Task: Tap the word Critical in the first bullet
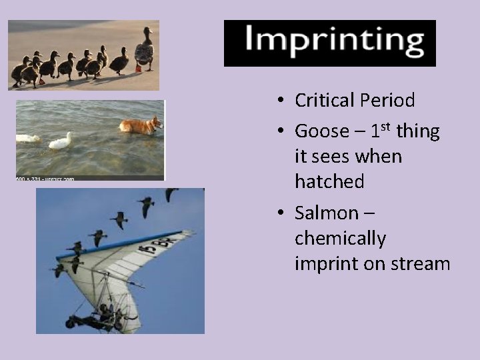325,101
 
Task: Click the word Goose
321,131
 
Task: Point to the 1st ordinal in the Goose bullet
377,129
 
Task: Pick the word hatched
329,181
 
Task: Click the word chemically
340,239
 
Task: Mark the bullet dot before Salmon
283,213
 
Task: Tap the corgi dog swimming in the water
141,125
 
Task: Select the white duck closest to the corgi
61,141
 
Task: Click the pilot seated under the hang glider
105,311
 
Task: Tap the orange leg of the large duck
139,68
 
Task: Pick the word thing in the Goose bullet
418,131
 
